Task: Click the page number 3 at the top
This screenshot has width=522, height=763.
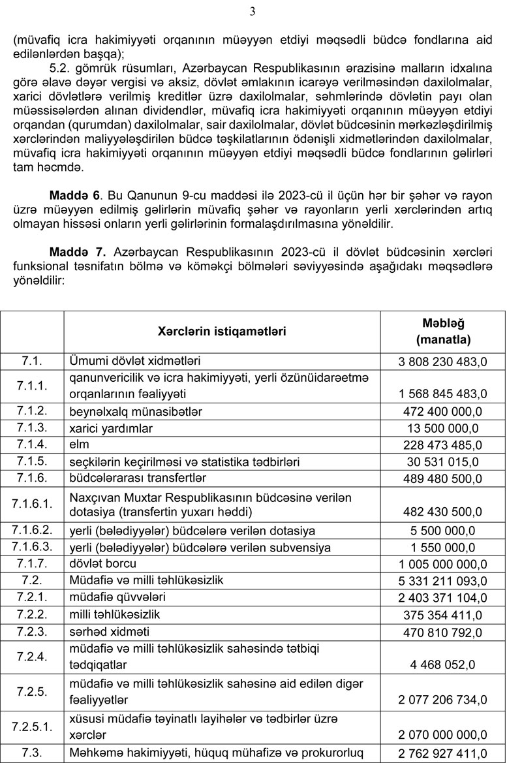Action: (253, 11)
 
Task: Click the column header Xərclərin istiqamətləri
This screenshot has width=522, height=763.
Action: (222, 331)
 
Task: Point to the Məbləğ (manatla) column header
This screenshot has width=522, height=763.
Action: (443, 331)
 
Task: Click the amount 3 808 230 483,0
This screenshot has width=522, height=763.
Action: (443, 362)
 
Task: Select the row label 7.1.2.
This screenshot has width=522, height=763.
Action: (31, 411)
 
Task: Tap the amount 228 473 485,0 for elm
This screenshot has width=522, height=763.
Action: (443, 445)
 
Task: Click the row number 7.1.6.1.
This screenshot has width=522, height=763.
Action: (31, 504)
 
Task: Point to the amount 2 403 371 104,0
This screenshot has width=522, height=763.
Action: (443, 598)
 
